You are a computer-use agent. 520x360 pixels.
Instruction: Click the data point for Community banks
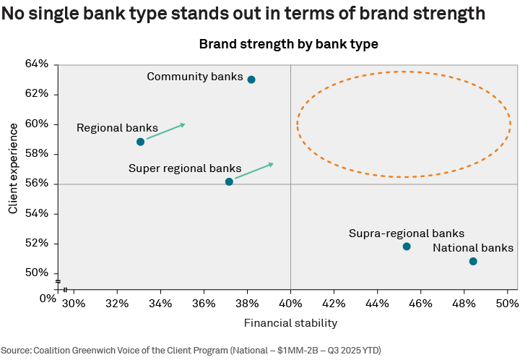coord(251,80)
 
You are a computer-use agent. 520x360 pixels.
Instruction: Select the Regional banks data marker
coord(140,142)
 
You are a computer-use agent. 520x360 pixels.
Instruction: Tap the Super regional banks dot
coord(229,181)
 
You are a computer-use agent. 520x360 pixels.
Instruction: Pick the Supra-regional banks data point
coord(407,247)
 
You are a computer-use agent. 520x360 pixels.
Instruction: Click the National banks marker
coord(473,261)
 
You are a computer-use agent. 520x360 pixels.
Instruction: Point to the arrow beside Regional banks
coord(166,132)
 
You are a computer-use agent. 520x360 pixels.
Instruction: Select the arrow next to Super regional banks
coord(254,171)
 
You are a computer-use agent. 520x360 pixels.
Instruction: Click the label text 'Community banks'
coord(195,77)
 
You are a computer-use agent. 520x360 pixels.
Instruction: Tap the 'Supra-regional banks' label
coord(406,233)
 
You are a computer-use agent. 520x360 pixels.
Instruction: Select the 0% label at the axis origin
coord(47,298)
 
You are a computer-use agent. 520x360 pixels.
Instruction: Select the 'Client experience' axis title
coord(13,168)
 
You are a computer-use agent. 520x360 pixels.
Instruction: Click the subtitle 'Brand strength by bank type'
coord(288,44)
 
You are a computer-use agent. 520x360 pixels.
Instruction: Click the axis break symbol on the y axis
coord(56,281)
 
